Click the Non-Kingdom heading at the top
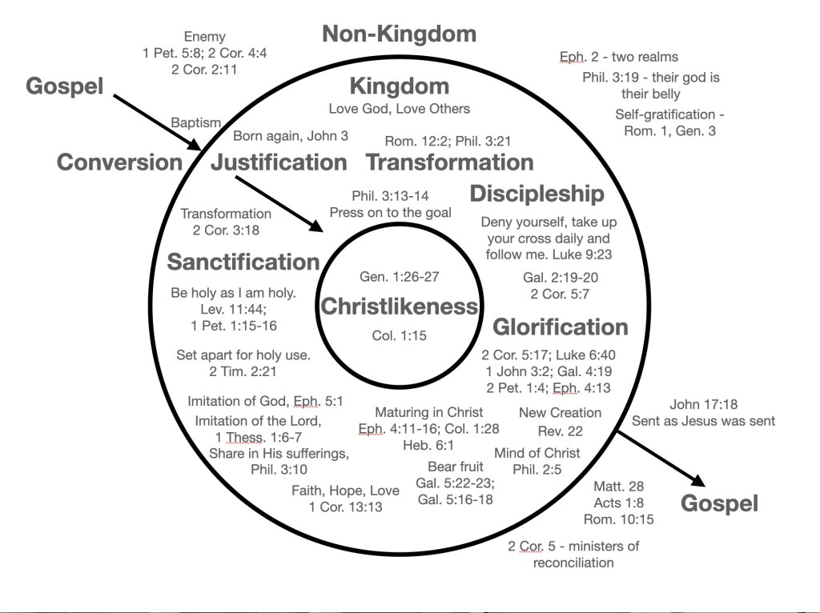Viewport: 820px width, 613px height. pyautogui.click(x=399, y=34)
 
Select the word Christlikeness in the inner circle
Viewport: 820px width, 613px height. pyautogui.click(x=399, y=306)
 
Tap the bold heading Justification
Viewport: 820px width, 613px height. pyautogui.click(x=279, y=162)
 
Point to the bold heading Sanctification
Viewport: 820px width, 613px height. pyautogui.click(x=243, y=262)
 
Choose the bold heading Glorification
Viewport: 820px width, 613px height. pyautogui.click(x=561, y=327)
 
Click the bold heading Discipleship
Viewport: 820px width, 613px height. pyautogui.click(x=537, y=194)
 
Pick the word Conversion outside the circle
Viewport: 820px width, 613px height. pyautogui.click(x=119, y=162)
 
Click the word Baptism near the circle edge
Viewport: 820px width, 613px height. pyautogui.click(x=195, y=122)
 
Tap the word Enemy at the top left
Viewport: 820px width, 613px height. pyautogui.click(x=205, y=36)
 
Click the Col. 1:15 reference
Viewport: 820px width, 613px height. pyautogui.click(x=399, y=335)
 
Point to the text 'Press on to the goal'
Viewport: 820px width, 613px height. pyautogui.click(x=389, y=213)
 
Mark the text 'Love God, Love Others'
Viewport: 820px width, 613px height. pyautogui.click(x=400, y=108)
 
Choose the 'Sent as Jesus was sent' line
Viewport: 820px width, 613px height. pyautogui.click(x=704, y=421)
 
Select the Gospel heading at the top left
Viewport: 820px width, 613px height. pyautogui.click(x=65, y=86)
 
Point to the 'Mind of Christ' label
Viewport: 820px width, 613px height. pyautogui.click(x=537, y=453)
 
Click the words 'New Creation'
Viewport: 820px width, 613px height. pyautogui.click(x=560, y=413)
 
